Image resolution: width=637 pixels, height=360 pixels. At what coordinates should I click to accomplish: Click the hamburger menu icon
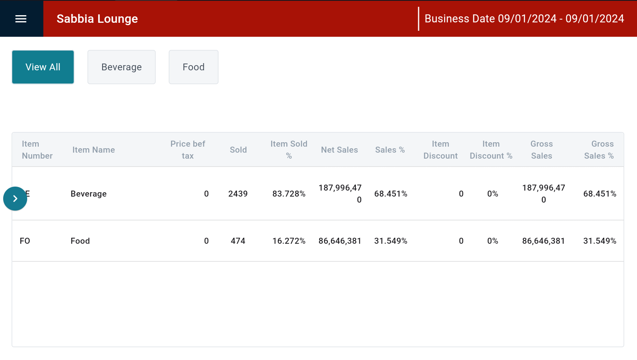tap(21, 19)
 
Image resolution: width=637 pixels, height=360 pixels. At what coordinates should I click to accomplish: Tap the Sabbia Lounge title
tap(97, 19)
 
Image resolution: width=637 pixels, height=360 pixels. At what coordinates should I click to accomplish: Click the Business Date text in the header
tap(524, 19)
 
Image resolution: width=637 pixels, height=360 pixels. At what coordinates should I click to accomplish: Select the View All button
tap(43, 67)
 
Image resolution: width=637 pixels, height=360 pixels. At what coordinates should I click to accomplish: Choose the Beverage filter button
tap(121, 67)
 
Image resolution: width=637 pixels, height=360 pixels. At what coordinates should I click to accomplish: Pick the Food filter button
tap(193, 67)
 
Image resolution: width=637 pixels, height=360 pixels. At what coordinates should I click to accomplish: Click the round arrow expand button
tap(15, 199)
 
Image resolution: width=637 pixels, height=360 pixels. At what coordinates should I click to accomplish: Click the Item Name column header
tap(93, 150)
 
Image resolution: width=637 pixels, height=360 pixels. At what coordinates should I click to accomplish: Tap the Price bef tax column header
tap(188, 150)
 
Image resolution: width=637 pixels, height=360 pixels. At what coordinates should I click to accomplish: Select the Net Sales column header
tap(339, 150)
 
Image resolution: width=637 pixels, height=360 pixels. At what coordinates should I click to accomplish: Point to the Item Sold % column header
tap(289, 150)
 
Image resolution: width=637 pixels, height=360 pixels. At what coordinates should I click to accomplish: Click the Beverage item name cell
tap(89, 194)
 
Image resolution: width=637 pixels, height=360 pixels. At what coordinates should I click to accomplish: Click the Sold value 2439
tap(238, 194)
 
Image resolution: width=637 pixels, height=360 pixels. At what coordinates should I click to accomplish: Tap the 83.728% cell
tap(289, 194)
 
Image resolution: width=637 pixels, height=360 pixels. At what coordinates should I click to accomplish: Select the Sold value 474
tap(238, 241)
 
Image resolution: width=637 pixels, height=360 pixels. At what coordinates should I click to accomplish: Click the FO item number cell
tap(25, 241)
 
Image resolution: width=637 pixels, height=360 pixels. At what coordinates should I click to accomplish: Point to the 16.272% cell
tap(289, 241)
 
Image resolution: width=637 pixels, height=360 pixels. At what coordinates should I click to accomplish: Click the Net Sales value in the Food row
tap(340, 241)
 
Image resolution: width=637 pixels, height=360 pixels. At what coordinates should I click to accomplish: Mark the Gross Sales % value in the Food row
tap(599, 241)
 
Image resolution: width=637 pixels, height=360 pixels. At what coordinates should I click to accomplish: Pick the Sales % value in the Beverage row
tap(391, 194)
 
